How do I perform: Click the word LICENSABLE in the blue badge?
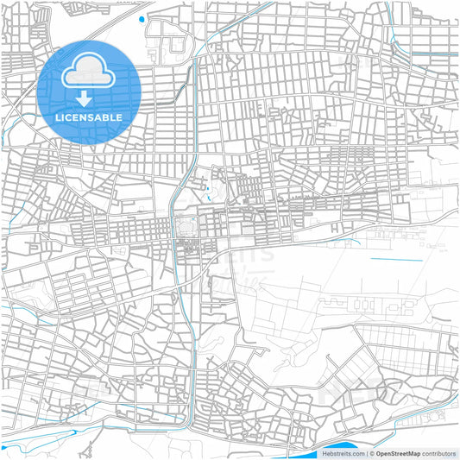(89, 117)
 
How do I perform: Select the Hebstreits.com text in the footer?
(343, 453)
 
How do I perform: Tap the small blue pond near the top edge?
(142, 18)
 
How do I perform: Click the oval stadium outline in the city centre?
(186, 227)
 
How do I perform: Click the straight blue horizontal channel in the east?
(396, 260)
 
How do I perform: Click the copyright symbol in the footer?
(371, 453)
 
